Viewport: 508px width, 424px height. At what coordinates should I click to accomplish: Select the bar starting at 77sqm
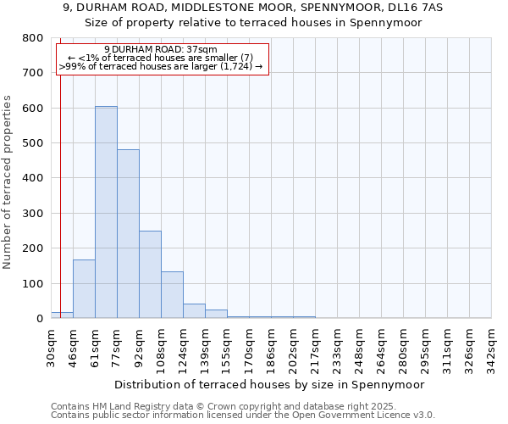click(x=128, y=234)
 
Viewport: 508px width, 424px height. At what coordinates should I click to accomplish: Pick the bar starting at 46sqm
click(x=84, y=289)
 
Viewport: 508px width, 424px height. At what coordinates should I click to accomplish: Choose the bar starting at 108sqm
click(x=172, y=295)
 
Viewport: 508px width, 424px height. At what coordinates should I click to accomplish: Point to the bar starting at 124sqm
click(x=194, y=310)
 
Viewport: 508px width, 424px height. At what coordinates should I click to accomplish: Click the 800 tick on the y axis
click(x=33, y=38)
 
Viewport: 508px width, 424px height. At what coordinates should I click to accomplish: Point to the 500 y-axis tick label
click(x=33, y=143)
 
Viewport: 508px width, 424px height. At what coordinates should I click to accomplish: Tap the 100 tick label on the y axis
click(x=33, y=283)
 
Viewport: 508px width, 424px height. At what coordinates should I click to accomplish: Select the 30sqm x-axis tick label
click(x=52, y=346)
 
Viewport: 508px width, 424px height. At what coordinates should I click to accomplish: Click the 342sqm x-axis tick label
click(x=492, y=346)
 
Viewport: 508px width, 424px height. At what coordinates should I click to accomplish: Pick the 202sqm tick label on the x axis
click(x=294, y=346)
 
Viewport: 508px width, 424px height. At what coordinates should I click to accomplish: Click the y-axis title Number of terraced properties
click(x=8, y=182)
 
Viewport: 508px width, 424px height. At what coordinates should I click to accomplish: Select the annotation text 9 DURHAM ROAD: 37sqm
click(x=161, y=50)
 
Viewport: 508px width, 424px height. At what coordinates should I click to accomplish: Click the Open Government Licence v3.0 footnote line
click(x=242, y=416)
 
